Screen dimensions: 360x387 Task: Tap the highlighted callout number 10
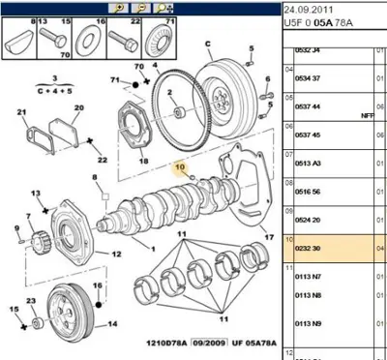pyautogui.click(x=178, y=166)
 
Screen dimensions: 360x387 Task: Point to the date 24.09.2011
pyautogui.click(x=311, y=8)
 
